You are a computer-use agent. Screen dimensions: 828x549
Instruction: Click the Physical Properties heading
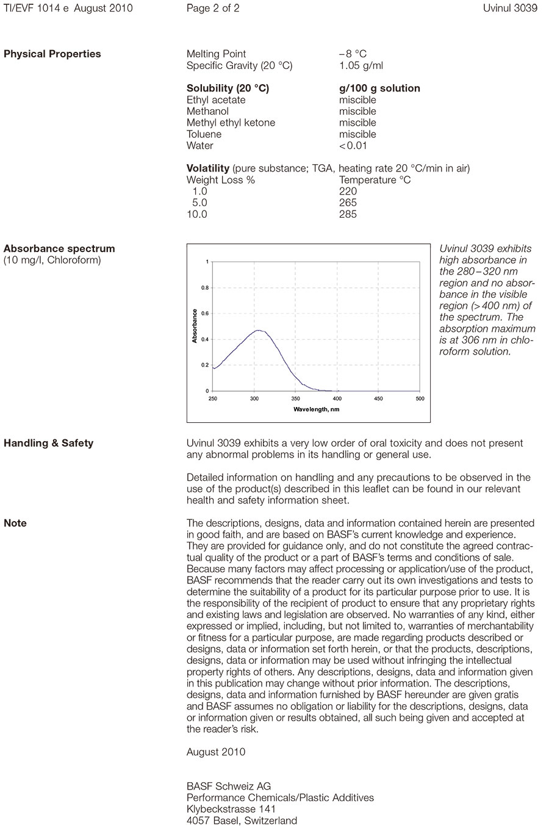[x=52, y=54]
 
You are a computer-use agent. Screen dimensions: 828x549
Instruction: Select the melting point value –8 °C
[x=353, y=54]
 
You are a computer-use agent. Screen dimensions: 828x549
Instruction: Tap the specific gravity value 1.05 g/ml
[x=361, y=65]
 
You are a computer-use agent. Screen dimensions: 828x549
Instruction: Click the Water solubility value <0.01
[x=353, y=145]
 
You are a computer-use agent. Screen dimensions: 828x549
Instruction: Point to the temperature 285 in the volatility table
[x=348, y=214]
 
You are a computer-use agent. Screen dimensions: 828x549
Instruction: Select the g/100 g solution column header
[x=379, y=88]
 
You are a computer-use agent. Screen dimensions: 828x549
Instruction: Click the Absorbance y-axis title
[x=195, y=326]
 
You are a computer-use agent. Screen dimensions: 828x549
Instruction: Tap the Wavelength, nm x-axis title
[x=316, y=409]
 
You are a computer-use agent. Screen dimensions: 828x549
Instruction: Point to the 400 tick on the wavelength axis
[x=337, y=399]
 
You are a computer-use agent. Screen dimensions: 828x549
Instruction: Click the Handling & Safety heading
[x=49, y=443]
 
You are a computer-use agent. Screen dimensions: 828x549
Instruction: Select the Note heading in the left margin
[x=15, y=523]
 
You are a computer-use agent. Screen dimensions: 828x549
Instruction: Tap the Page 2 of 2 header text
[x=213, y=9]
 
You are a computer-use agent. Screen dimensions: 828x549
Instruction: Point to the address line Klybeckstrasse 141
[x=231, y=809]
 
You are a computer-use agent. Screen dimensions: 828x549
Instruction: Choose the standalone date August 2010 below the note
[x=216, y=752]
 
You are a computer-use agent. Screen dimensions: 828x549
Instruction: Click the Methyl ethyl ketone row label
[x=231, y=123]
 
